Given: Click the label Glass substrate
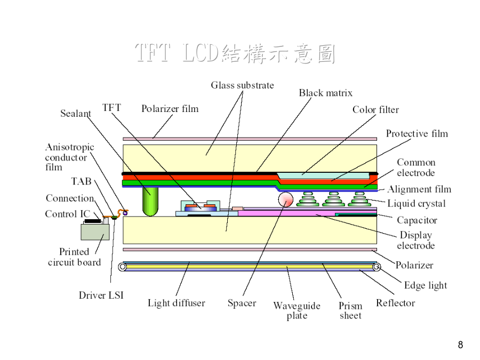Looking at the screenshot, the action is click(x=242, y=85).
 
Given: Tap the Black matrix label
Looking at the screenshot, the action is click(x=325, y=93).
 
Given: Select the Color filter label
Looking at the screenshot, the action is click(x=375, y=109).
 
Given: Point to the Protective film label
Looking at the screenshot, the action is click(x=417, y=133).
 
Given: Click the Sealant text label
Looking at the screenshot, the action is click(x=76, y=114).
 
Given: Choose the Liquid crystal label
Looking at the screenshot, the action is click(x=417, y=204).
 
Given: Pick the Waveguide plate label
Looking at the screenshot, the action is click(x=297, y=310).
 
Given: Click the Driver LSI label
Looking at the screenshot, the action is click(x=101, y=295).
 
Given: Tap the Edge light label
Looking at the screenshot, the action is click(x=426, y=285).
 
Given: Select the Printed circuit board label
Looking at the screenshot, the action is click(x=74, y=257).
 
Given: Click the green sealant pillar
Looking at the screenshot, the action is click(x=150, y=202).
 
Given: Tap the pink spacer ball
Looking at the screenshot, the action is click(x=286, y=199).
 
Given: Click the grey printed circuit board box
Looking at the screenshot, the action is click(x=95, y=232).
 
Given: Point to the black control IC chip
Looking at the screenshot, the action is click(x=92, y=221).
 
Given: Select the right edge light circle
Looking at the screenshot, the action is click(x=377, y=267).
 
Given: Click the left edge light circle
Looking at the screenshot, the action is click(x=123, y=267).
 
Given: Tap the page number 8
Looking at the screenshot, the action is click(x=460, y=345).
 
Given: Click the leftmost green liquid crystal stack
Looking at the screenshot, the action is click(x=308, y=199).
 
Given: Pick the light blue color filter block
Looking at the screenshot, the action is click(x=323, y=175).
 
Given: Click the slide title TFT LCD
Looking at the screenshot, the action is click(x=177, y=53).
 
